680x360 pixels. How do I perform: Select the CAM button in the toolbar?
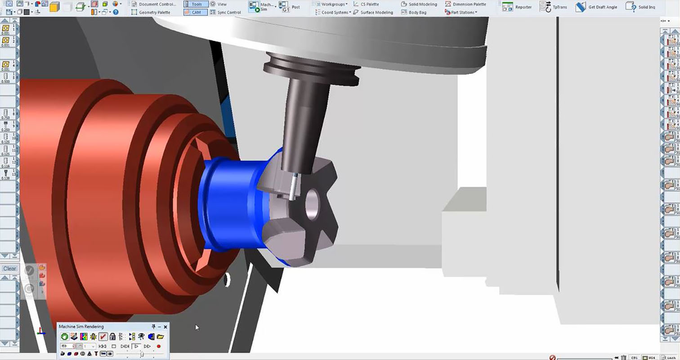tap(196, 13)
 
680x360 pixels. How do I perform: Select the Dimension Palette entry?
tap(465, 4)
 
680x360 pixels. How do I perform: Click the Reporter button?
tap(517, 7)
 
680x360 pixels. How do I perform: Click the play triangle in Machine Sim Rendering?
tap(136, 346)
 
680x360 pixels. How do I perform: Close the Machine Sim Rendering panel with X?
tap(166, 327)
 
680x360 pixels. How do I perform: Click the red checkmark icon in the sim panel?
tap(103, 337)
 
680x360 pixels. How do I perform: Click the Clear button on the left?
tap(9, 269)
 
